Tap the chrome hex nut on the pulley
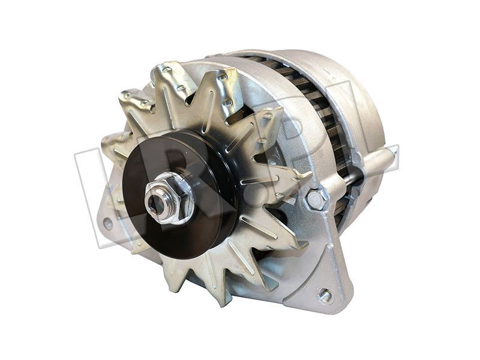(x=170, y=197)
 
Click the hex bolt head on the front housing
(x=316, y=200)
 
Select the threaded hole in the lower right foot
(x=325, y=295)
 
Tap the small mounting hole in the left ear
(x=108, y=223)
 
